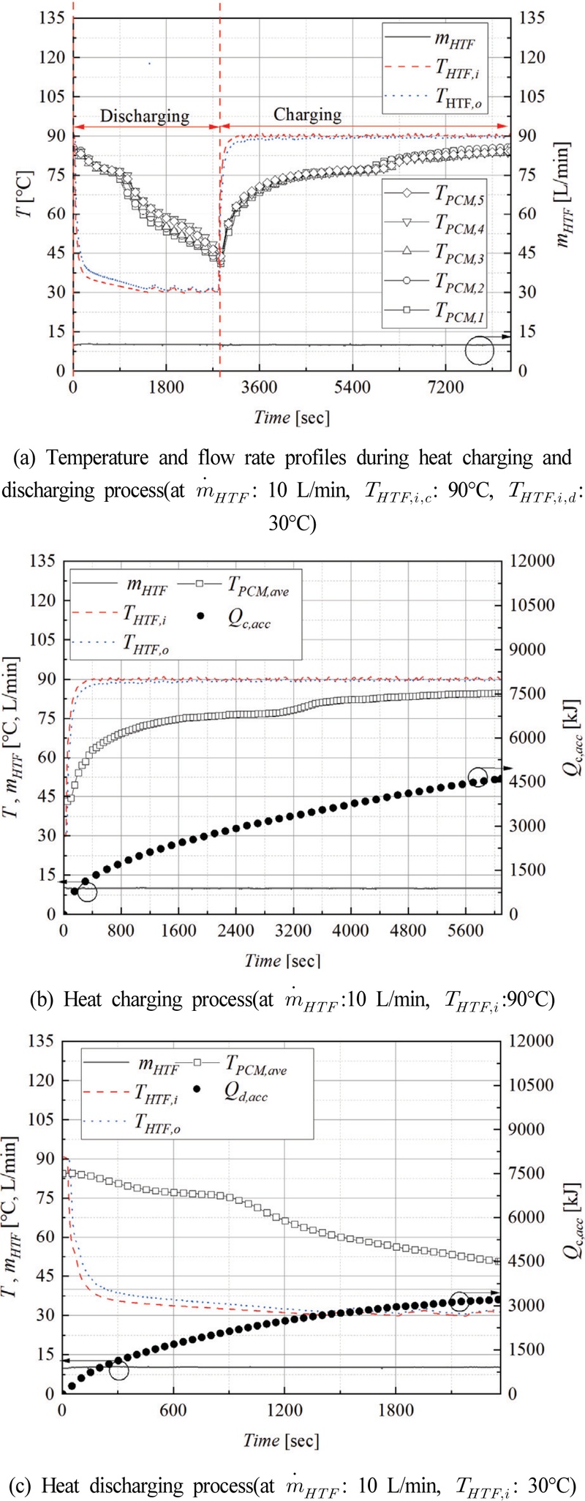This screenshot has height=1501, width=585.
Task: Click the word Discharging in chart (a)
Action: pos(144,116)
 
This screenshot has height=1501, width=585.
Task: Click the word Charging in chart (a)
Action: pos(307,114)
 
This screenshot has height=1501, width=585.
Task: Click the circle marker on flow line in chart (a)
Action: pos(480,350)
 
